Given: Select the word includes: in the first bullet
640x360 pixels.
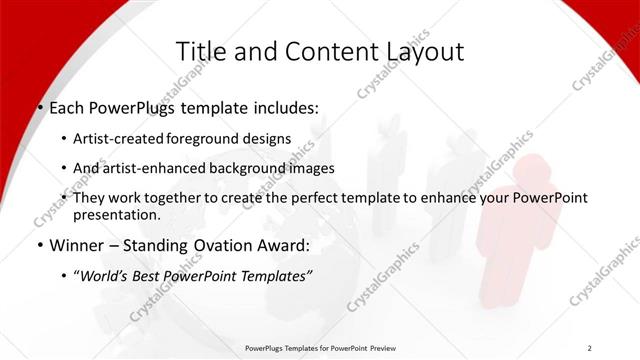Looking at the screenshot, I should (284, 107).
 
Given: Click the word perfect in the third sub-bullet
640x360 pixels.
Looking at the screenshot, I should (299, 198).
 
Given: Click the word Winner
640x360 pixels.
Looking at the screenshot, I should (77, 245).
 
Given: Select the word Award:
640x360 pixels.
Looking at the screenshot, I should (286, 245).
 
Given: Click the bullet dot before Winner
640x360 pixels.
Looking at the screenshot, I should (39, 246).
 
